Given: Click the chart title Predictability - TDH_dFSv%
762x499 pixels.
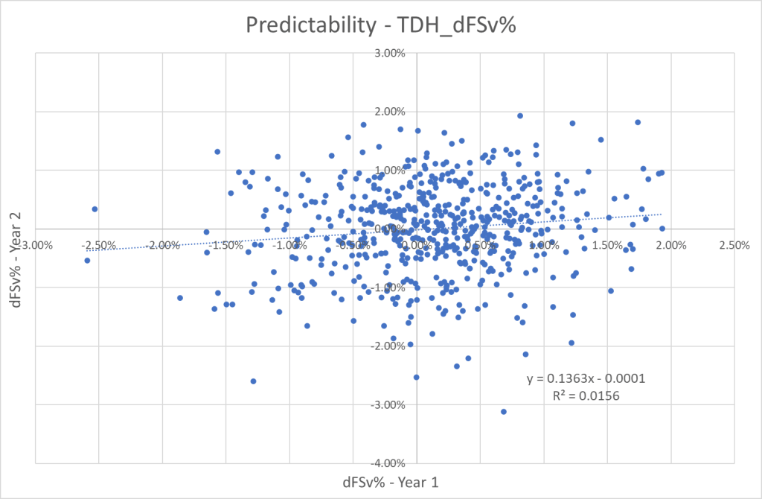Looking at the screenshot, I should coord(381,25).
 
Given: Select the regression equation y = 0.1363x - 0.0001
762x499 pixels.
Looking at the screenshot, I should coord(585,379).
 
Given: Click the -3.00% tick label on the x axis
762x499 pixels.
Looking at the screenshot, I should coord(36,245).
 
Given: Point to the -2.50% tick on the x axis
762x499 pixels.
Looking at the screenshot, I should coord(99,245).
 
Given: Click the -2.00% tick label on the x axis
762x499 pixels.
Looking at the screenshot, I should coord(163,245).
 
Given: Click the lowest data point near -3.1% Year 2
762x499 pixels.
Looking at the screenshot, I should coord(504,412).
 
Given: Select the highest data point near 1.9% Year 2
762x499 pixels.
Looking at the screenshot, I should coord(520,115).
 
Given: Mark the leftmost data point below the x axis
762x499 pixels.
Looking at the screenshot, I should coord(87,260).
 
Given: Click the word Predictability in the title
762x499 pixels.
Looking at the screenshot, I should coord(307,25).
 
